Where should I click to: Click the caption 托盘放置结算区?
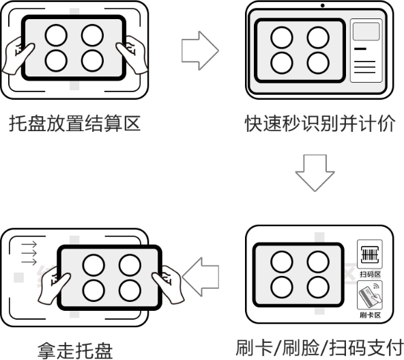[x=74, y=123]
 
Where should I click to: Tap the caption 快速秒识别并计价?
[x=320, y=123]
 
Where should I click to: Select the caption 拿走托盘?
[x=75, y=350]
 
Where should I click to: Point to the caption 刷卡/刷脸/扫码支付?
[x=319, y=348]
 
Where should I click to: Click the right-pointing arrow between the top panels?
[x=200, y=51]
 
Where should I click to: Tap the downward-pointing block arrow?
[x=315, y=173]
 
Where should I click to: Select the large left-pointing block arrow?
[x=201, y=277]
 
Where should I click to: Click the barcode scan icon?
[x=370, y=254]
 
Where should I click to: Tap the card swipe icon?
[x=370, y=295]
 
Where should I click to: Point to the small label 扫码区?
[x=370, y=274]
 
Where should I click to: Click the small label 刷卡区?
[x=370, y=315]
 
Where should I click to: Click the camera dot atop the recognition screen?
[x=323, y=5]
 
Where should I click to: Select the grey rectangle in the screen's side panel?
[x=366, y=31]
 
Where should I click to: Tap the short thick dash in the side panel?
[x=360, y=49]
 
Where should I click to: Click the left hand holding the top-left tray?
[x=18, y=55]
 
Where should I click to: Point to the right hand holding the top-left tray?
[x=132, y=55]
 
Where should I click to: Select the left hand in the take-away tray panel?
[x=54, y=286]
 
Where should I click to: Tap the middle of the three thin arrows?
[x=29, y=253]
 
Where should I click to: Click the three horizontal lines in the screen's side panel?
[x=365, y=67]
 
